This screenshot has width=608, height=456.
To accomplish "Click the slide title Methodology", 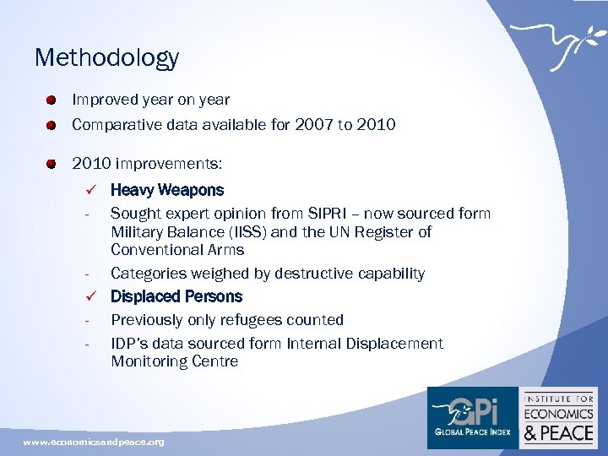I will (x=106, y=57).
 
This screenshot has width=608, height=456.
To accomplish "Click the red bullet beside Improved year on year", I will (x=52, y=100).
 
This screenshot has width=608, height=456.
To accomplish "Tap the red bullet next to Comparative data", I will (x=52, y=126).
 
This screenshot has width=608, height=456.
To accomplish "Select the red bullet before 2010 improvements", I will (x=52, y=163).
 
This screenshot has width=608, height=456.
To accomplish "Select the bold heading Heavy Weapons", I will (x=167, y=190).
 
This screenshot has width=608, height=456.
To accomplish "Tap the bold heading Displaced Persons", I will (x=176, y=296).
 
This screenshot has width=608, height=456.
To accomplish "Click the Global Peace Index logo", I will (x=472, y=416).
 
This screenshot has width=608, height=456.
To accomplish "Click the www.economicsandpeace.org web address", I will (x=94, y=442).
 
